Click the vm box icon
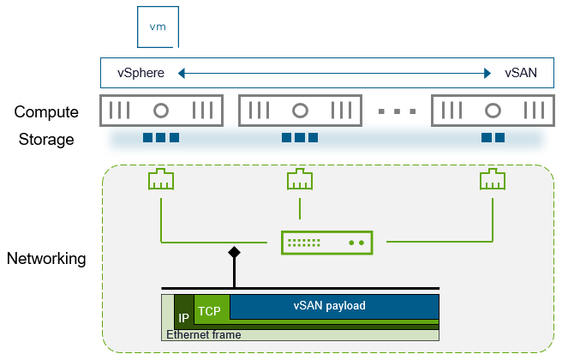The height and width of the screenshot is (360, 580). click(158, 27)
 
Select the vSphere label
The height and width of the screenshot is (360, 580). click(141, 73)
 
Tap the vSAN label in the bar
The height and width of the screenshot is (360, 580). click(521, 73)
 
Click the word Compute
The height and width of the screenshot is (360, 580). click(46, 112)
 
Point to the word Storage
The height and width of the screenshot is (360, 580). click(46, 140)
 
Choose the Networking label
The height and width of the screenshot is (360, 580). click(46, 258)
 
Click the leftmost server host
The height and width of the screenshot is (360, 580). click(160, 111)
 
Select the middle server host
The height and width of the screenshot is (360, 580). click(300, 111)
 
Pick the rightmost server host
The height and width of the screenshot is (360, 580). click(493, 111)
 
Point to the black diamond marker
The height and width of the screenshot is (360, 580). click(233, 254)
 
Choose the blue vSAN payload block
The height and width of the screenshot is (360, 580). click(335, 306)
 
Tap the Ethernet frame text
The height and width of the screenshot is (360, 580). click(204, 335)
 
